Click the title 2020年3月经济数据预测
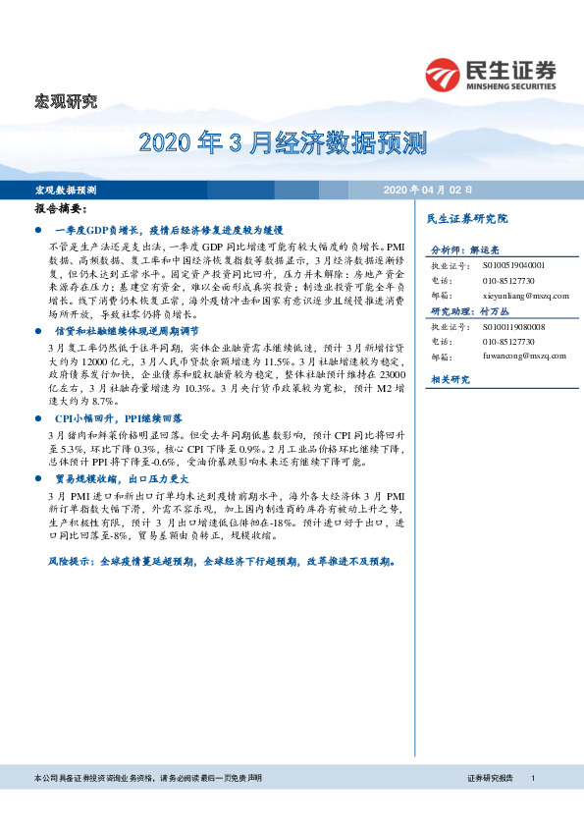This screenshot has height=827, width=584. point(284,146)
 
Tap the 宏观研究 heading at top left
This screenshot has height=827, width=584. point(67,100)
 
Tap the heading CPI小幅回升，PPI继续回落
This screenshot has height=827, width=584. point(124,417)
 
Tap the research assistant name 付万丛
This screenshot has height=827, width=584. point(498,311)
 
